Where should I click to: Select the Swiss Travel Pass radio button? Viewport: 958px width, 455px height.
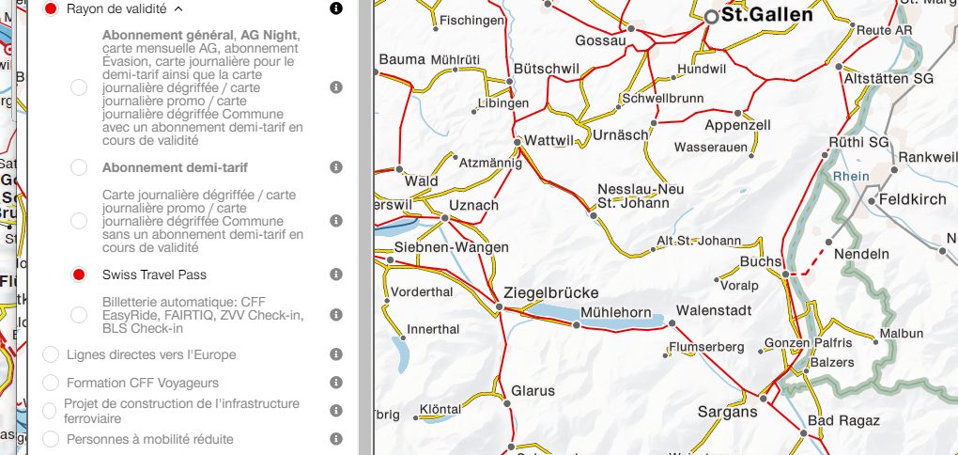pyautogui.click(x=79, y=275)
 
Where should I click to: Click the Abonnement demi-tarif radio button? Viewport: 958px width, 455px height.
pyautogui.click(x=79, y=167)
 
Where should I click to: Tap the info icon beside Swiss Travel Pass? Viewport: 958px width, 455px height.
pyautogui.click(x=336, y=275)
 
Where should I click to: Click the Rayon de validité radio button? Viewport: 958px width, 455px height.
pyautogui.click(x=51, y=8)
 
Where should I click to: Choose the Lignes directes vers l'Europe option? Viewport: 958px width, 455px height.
pyautogui.click(x=51, y=354)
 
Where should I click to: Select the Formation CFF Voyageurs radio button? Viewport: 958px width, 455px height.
pyautogui.click(x=51, y=383)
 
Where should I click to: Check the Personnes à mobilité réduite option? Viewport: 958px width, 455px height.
pyautogui.click(x=51, y=439)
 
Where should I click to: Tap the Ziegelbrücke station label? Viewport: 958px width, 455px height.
pyautogui.click(x=550, y=291)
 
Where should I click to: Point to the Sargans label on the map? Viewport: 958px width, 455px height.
pyautogui.click(x=727, y=412)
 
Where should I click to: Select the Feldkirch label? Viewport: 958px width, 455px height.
pyautogui.click(x=913, y=200)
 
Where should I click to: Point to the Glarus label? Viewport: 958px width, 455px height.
pyautogui.click(x=533, y=390)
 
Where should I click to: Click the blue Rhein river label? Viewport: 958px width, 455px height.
pyautogui.click(x=851, y=176)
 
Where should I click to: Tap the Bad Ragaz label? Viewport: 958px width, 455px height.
pyautogui.click(x=843, y=420)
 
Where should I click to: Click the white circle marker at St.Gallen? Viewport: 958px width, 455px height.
pyautogui.click(x=711, y=16)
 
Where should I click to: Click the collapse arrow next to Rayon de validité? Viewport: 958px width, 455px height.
pyautogui.click(x=178, y=8)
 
